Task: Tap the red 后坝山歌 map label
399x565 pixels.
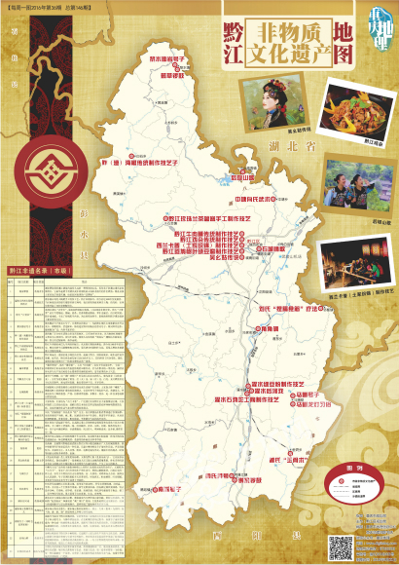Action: [249, 178]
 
